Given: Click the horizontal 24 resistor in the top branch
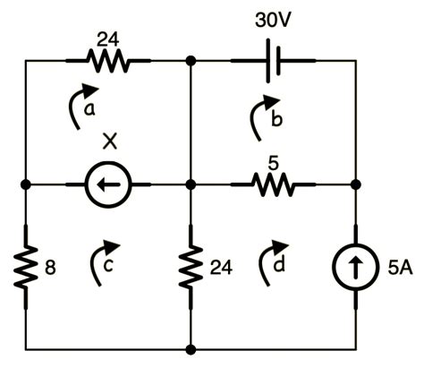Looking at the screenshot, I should pos(108,62).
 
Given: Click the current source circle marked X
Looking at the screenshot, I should pos(108,186).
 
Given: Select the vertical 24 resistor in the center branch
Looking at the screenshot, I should pos(191,266).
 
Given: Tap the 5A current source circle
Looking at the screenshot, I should pos(355,266).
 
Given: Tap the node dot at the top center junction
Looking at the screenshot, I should pos(191,62).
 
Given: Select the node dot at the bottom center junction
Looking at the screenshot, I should pos(191,348).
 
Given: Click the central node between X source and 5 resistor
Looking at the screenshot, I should pos(191,186).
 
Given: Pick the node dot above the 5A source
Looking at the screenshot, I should pos(355,186).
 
